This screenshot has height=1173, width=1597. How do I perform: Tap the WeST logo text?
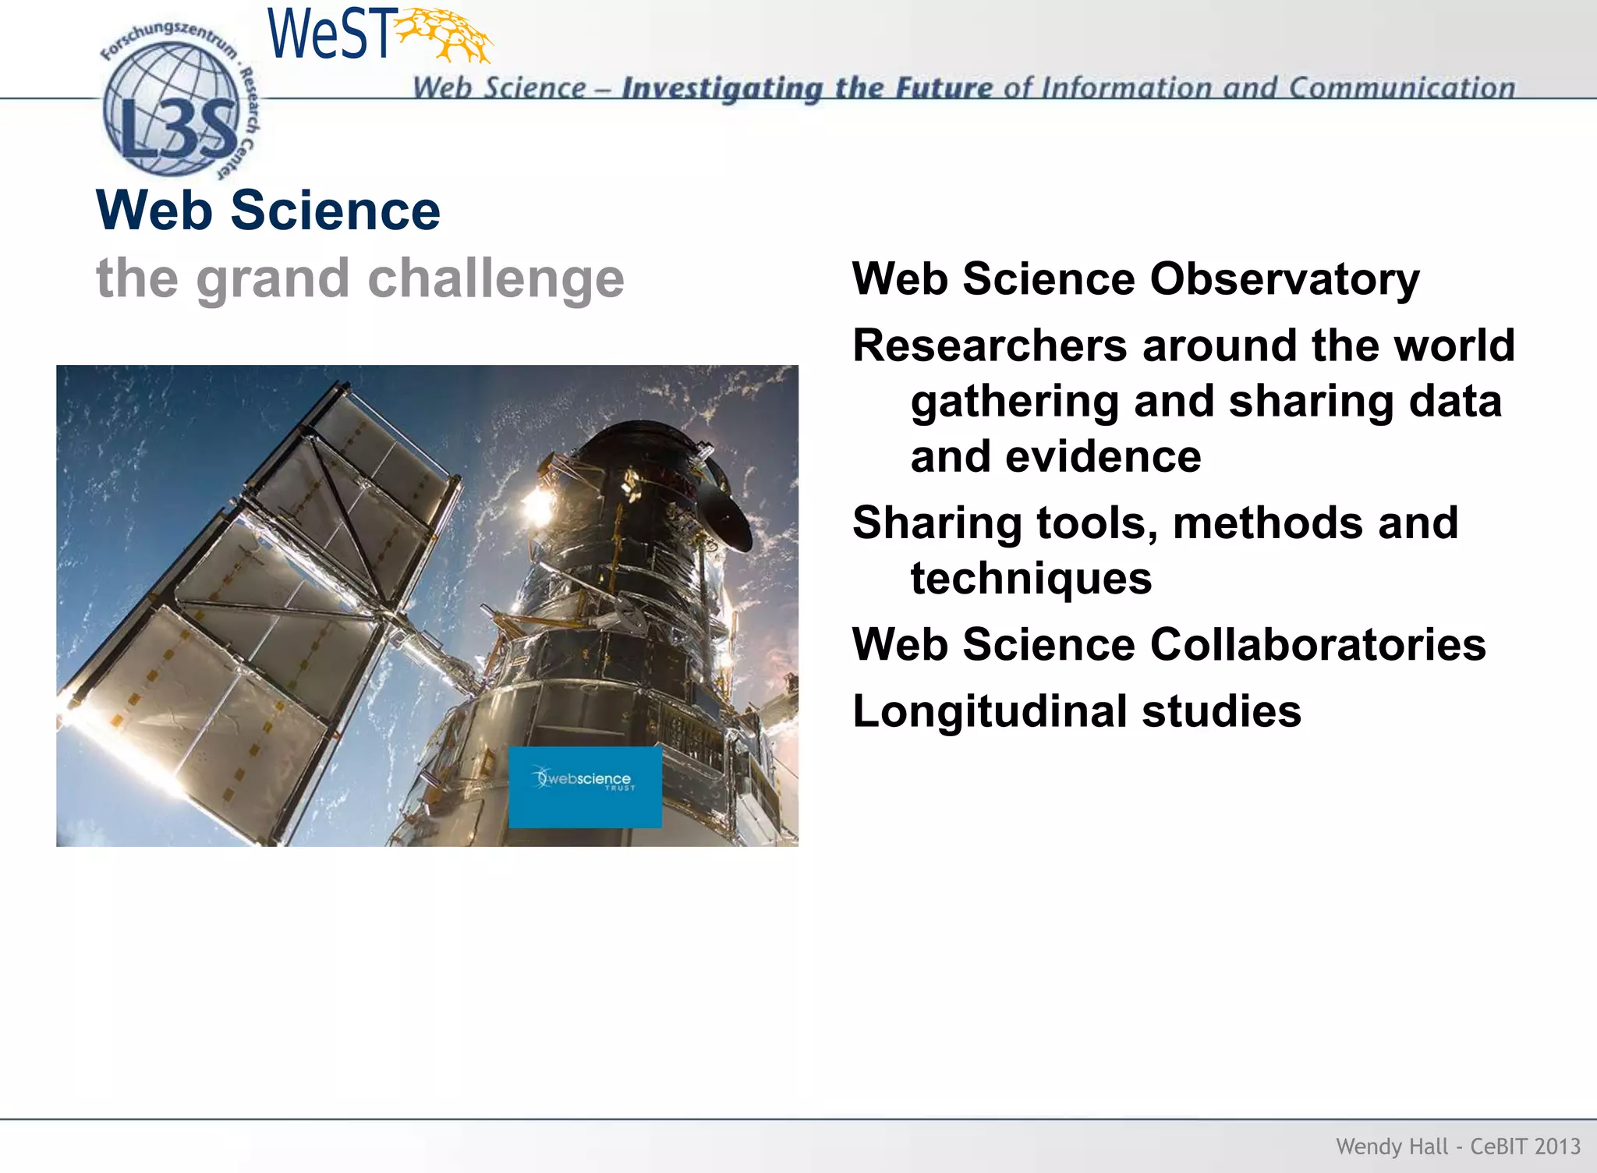329,35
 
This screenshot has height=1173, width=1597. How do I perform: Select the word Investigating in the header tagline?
722,89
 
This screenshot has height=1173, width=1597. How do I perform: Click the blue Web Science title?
267,211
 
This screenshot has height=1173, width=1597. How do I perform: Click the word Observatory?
1284,279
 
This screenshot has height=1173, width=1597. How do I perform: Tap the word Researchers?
990,346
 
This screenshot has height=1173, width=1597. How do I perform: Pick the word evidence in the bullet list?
1103,457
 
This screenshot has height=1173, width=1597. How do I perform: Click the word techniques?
1031,579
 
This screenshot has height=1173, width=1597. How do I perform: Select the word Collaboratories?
1318,645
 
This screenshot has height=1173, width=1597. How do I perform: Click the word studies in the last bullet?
1221,712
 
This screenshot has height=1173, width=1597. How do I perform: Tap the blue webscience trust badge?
585,787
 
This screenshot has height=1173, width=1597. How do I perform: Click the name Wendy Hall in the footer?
1391,1146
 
